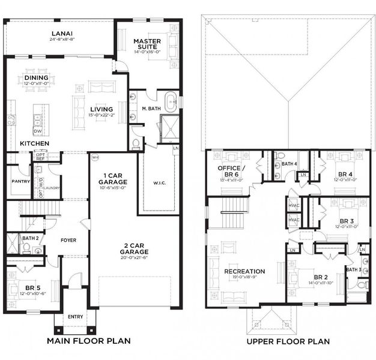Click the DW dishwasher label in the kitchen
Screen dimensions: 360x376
click(37, 131)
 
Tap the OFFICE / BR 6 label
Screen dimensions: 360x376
click(231, 170)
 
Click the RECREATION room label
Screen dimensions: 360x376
click(244, 271)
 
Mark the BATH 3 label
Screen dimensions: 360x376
click(354, 269)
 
